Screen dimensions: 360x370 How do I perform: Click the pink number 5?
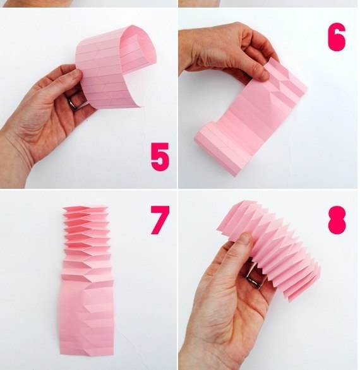coord(160,157)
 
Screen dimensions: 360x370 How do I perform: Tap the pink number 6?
coord(337,37)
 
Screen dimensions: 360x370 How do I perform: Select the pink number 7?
coord(160,220)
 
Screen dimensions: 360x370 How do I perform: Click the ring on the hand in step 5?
coord(73,104)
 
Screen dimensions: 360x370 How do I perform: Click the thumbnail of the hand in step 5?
coord(76,73)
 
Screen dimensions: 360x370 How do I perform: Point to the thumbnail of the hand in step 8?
coord(245,237)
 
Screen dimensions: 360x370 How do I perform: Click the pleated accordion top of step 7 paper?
coord(87,243)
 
